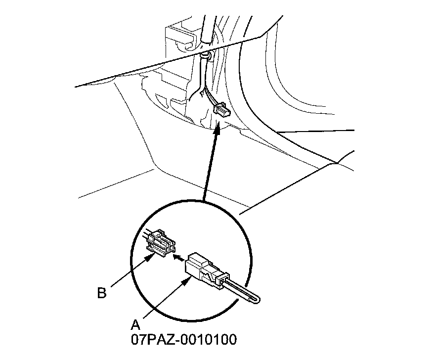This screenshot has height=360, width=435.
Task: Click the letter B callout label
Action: (101, 293)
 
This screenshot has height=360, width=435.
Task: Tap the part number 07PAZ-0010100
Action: (183, 340)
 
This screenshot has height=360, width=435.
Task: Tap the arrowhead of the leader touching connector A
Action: (188, 280)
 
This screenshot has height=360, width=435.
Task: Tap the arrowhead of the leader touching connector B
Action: (150, 256)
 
